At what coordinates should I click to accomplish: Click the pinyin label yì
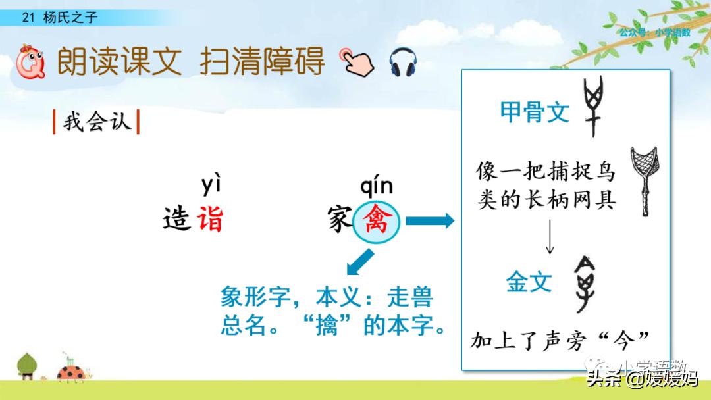(x=211, y=186)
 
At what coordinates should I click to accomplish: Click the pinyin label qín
(x=376, y=186)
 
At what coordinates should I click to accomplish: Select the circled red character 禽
(x=377, y=222)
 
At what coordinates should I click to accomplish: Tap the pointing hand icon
(x=356, y=62)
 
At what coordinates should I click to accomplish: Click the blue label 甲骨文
(x=535, y=113)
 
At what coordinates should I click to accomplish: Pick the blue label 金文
(x=529, y=283)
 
